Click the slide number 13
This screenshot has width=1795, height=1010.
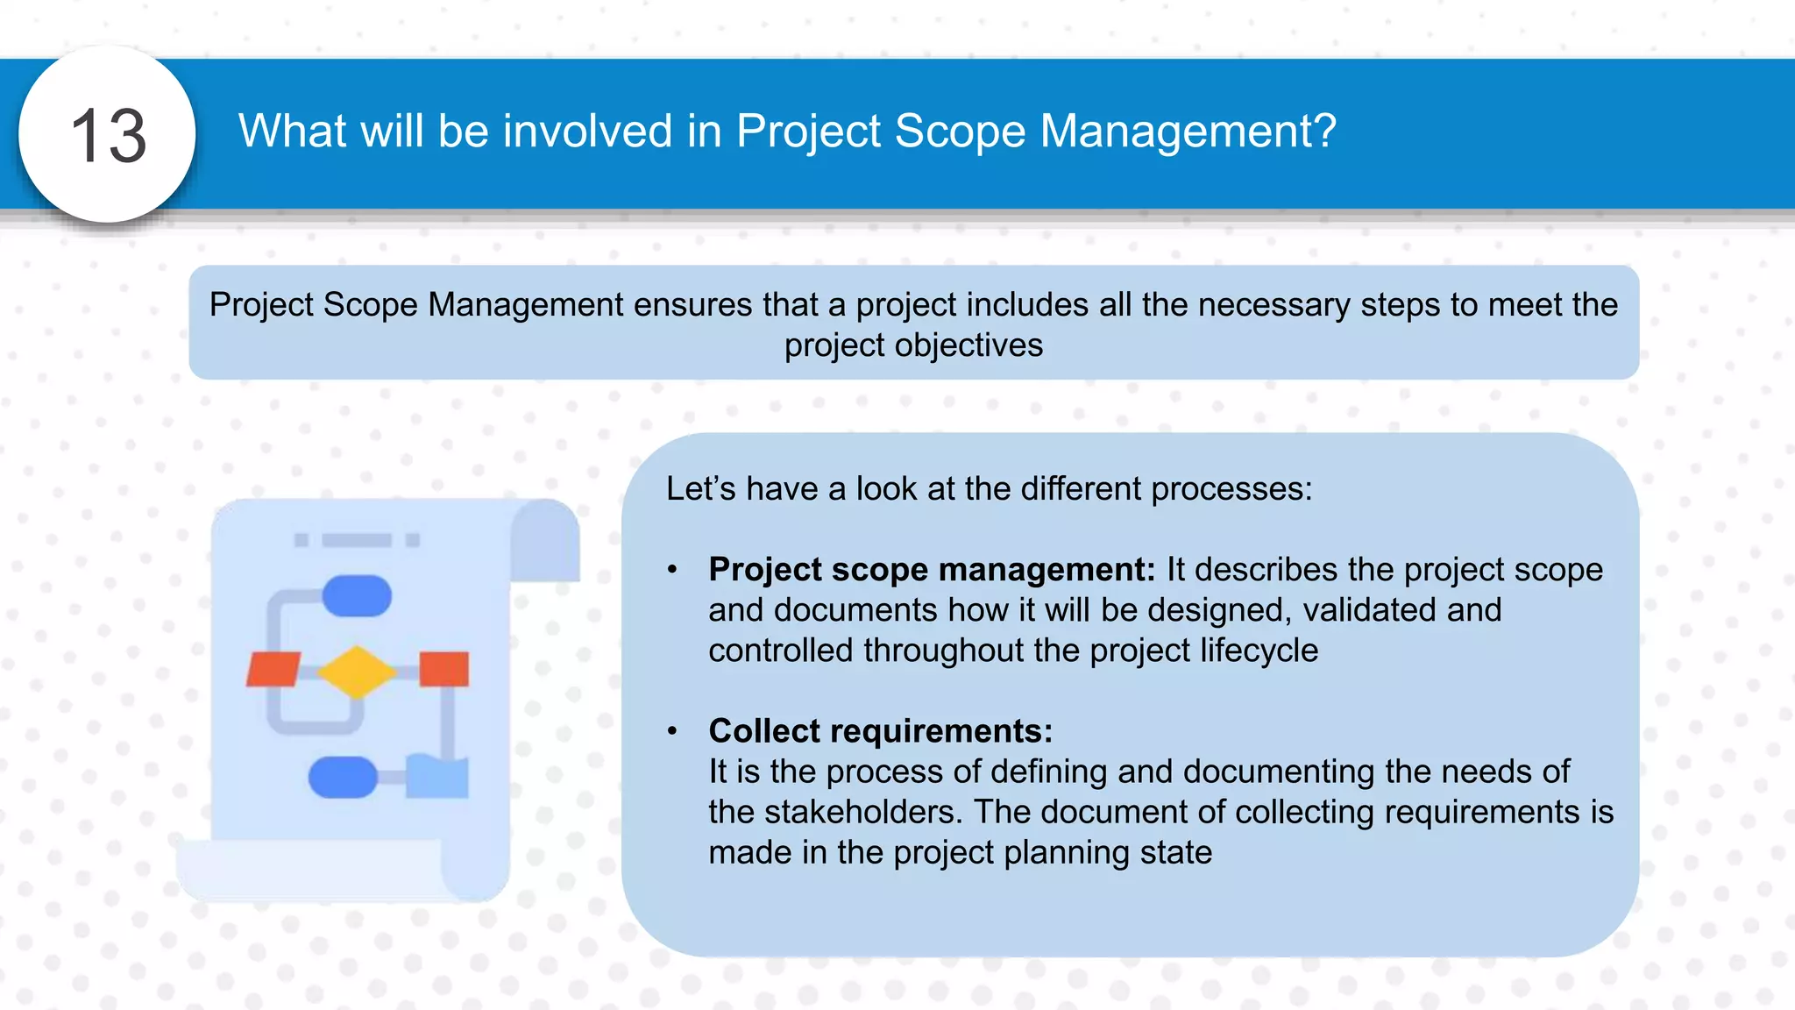coord(108,136)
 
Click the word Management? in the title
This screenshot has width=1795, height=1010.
coord(1188,132)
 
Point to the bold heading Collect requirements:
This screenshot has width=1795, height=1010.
coord(880,730)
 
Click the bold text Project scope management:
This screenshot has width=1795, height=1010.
coord(932,569)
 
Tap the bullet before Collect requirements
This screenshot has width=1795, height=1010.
coord(672,731)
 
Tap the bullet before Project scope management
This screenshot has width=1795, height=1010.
coord(672,570)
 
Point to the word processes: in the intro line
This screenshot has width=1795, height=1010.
coord(1231,488)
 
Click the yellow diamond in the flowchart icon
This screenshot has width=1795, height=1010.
coord(357,672)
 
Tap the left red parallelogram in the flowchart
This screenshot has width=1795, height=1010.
coord(273,669)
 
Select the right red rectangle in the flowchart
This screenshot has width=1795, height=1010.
coord(443,669)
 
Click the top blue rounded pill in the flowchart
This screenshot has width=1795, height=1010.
coord(357,596)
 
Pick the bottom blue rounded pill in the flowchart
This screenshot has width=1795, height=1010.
coord(343,777)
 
